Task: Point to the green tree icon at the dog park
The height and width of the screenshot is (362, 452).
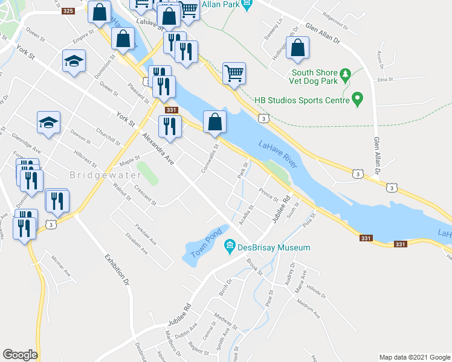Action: pos(346,75)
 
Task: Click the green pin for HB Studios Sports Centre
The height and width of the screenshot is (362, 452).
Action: pos(357,97)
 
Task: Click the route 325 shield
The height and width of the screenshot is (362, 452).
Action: pos(68,11)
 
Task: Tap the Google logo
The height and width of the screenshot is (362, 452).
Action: pos(20,355)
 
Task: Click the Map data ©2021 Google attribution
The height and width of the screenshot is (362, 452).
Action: pos(414,357)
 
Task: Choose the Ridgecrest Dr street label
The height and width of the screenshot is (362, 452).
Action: pos(336,17)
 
